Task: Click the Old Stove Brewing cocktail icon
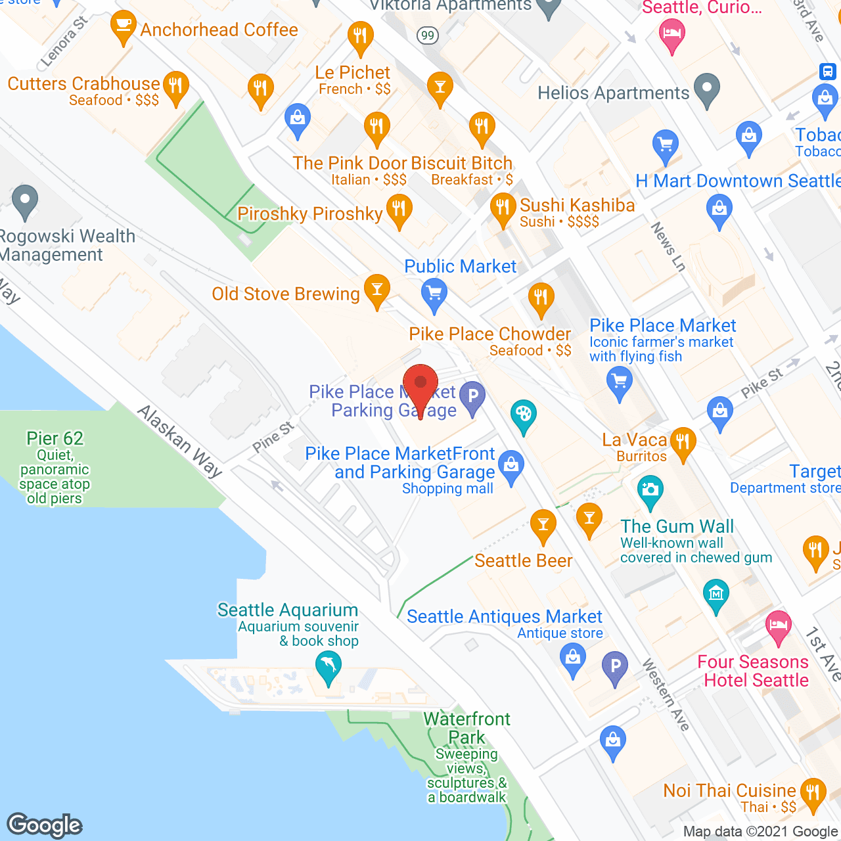(x=377, y=290)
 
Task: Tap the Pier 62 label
(x=55, y=438)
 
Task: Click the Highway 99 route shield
(x=428, y=35)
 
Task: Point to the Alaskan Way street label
(x=179, y=440)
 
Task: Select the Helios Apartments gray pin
(x=707, y=89)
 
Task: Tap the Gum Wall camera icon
(x=650, y=491)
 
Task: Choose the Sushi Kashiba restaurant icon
(x=503, y=209)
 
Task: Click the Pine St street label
(x=273, y=438)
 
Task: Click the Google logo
(x=45, y=825)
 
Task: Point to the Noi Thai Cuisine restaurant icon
(x=813, y=794)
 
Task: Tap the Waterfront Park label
(x=466, y=728)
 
